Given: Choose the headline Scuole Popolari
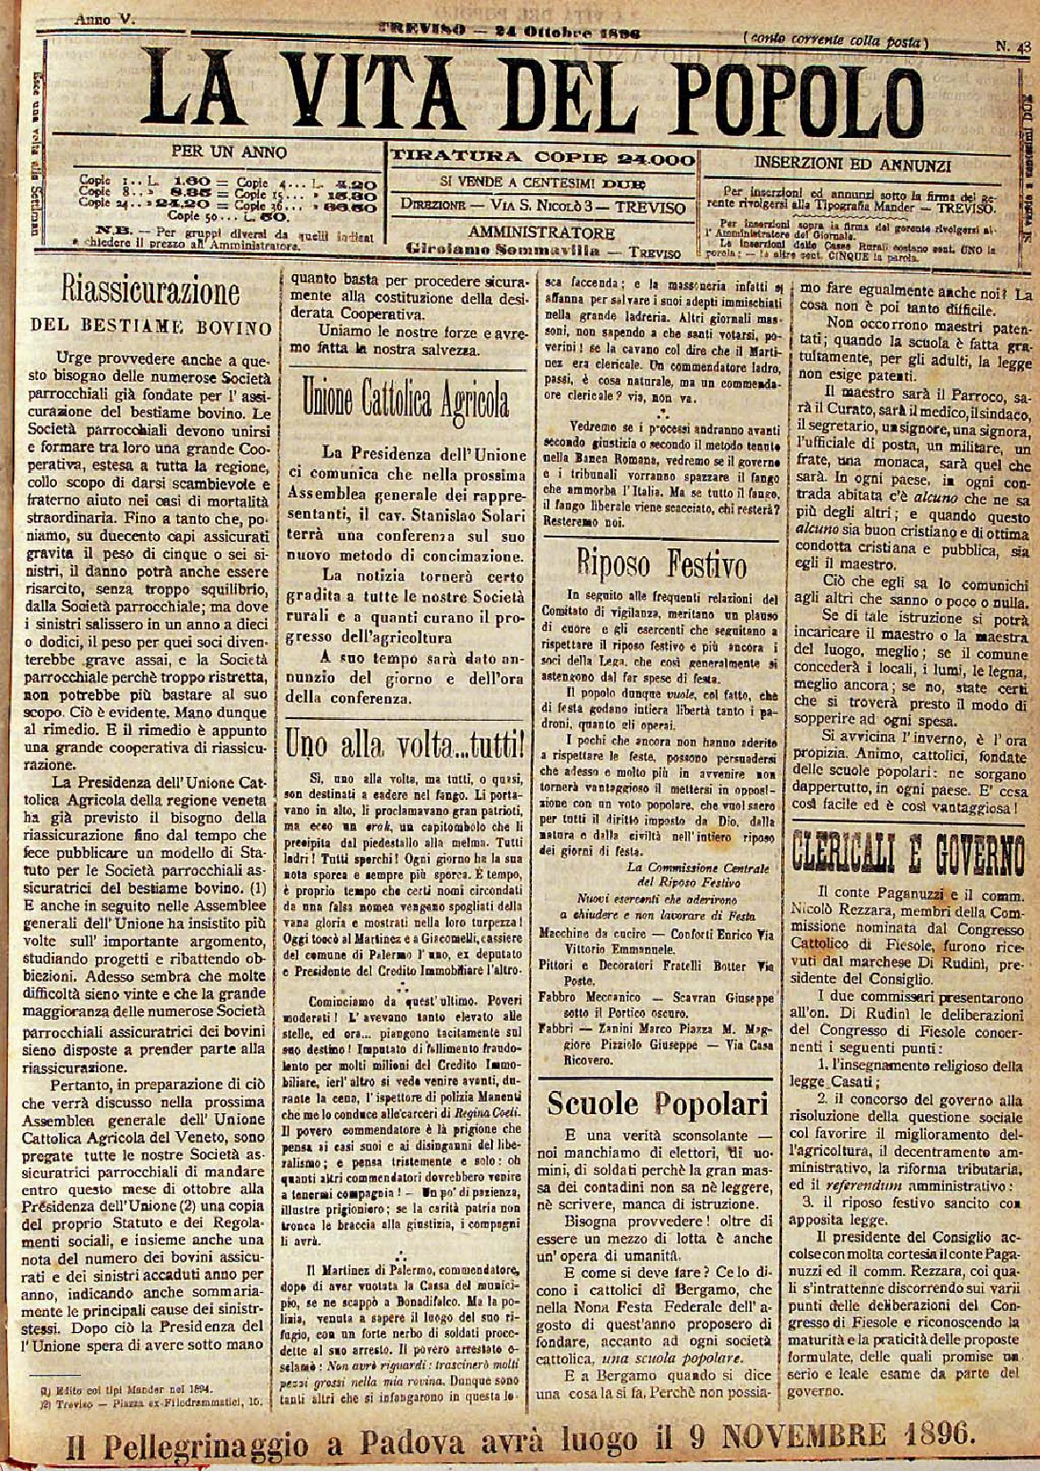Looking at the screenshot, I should [657, 1103].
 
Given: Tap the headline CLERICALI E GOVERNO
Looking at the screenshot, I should [908, 856].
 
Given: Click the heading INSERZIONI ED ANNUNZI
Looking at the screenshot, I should [853, 165].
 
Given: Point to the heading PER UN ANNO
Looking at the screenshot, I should [229, 152].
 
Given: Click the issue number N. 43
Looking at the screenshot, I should [1012, 45].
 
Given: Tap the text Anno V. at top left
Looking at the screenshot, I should [104, 19].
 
